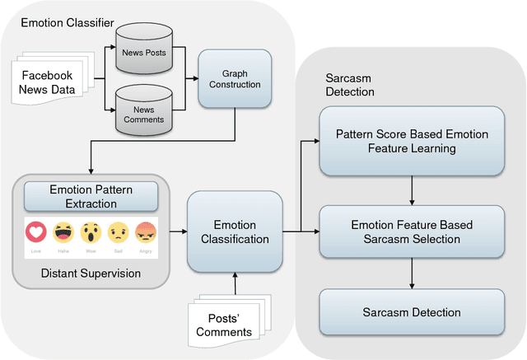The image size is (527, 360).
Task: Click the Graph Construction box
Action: (x=229, y=79)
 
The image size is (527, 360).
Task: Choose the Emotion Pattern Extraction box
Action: (x=90, y=196)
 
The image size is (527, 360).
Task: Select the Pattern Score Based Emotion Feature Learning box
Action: (x=410, y=142)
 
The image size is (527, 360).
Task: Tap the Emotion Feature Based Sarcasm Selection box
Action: (x=410, y=231)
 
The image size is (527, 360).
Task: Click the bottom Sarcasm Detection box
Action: (x=410, y=312)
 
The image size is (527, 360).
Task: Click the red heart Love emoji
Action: (x=35, y=231)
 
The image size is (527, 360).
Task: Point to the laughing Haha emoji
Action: (x=63, y=231)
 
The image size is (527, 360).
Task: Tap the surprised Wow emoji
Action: (x=90, y=231)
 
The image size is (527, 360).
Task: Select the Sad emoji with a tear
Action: (x=118, y=231)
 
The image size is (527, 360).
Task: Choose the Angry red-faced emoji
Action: (x=145, y=231)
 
